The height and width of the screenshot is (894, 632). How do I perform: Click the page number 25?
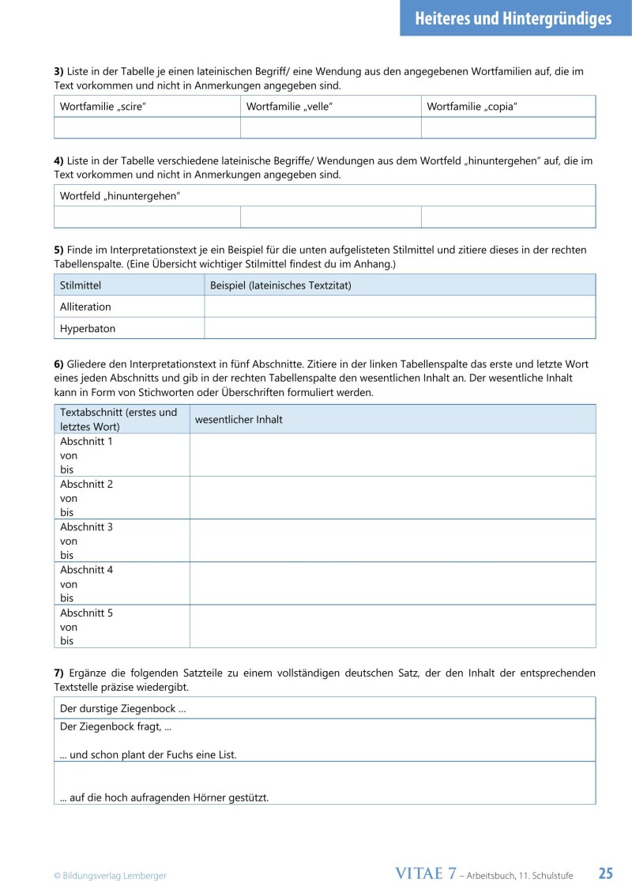click(605, 873)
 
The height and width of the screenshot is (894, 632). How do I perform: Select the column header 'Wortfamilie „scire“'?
click(103, 106)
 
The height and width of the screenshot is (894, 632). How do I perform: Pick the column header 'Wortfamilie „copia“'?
click(472, 106)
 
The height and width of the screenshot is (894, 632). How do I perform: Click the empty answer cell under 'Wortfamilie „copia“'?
click(508, 128)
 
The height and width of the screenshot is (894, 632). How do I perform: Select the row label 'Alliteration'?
click(85, 307)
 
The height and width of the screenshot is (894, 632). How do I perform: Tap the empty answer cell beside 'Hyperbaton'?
click(399, 328)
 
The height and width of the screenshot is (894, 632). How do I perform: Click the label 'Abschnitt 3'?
click(86, 527)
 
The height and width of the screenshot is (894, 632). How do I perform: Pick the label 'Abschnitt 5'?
click(86, 613)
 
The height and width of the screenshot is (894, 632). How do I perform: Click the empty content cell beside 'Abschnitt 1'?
click(392, 455)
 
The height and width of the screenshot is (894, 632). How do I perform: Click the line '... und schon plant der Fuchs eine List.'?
click(149, 755)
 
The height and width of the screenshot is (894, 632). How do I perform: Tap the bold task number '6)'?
click(58, 364)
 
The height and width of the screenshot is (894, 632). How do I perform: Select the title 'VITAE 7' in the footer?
click(425, 873)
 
